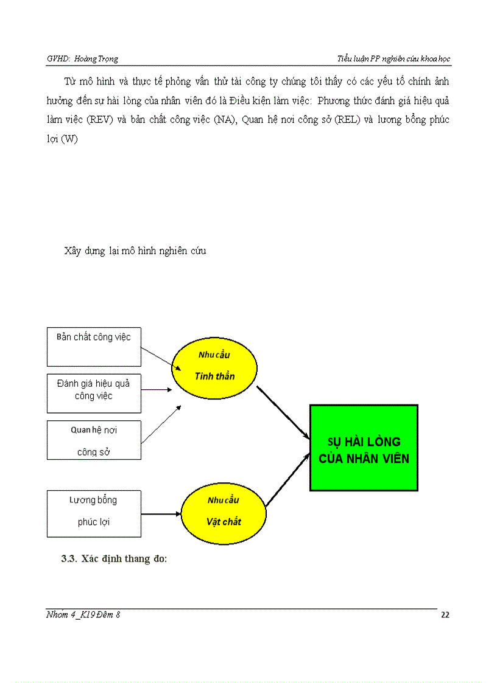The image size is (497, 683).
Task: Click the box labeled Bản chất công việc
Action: tap(94, 346)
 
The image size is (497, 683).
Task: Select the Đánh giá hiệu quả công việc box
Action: tap(94, 393)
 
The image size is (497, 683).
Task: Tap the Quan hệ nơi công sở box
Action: tap(94, 440)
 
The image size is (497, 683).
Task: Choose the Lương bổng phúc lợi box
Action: tap(94, 513)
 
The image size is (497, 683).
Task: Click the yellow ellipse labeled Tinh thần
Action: tap(214, 369)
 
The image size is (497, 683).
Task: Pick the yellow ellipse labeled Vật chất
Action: tap(224, 515)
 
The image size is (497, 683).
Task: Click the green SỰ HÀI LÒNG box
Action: tap(364, 447)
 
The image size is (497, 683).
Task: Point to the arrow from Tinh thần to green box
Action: tap(283, 412)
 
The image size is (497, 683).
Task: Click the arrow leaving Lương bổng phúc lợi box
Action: tap(161, 514)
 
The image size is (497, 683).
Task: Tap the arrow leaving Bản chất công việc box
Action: tap(161, 359)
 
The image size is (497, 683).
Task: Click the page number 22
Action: tap(445, 615)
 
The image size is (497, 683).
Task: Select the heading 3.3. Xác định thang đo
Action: tap(114, 560)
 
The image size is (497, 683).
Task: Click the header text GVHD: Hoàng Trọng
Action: tap(82, 59)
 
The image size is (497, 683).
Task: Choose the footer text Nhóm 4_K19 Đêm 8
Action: tap(83, 615)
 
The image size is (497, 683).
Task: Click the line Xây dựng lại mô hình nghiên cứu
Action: tap(135, 251)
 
